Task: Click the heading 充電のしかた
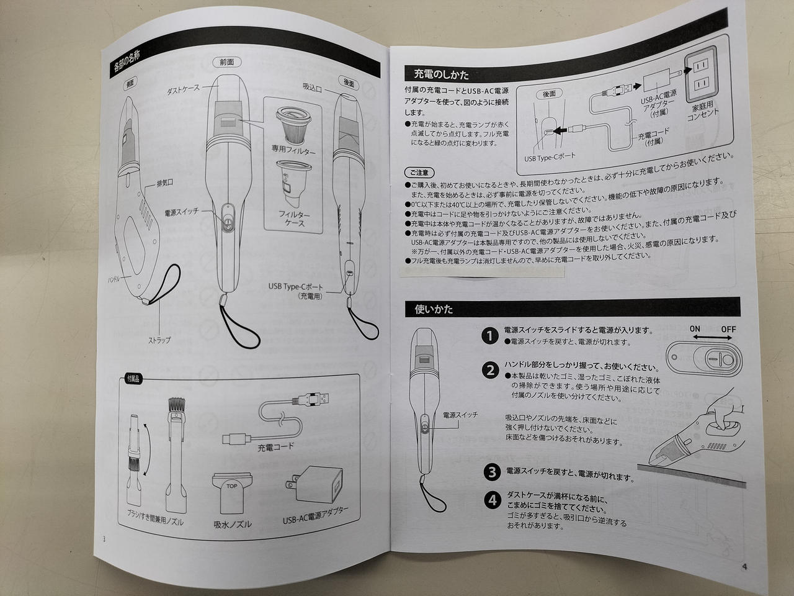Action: pyautogui.click(x=441, y=74)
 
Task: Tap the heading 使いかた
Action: pyautogui.click(x=434, y=309)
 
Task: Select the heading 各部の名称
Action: pyautogui.click(x=127, y=61)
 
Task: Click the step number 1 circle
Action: pyautogui.click(x=490, y=336)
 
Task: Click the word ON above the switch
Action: pyautogui.click(x=695, y=329)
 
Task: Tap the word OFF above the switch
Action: pyautogui.click(x=728, y=329)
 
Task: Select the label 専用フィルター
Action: pyautogui.click(x=293, y=150)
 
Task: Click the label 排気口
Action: pyautogui.click(x=165, y=184)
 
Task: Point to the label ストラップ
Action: pyautogui.click(x=159, y=340)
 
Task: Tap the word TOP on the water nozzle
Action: pyautogui.click(x=232, y=486)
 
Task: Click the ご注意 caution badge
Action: pyautogui.click(x=419, y=173)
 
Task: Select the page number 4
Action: pyautogui.click(x=744, y=567)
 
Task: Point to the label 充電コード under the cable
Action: pyautogui.click(x=275, y=447)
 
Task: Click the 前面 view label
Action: pyautogui.click(x=227, y=62)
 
